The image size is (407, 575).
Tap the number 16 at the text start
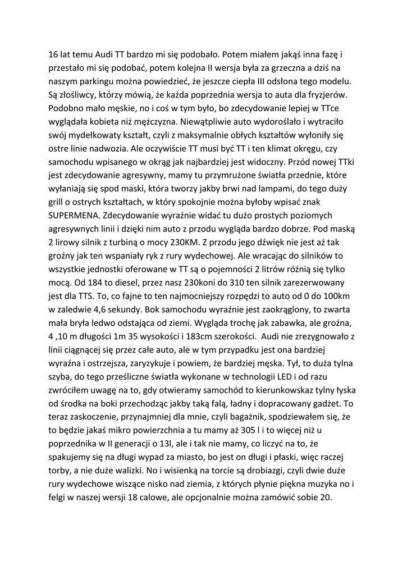tap(54, 55)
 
